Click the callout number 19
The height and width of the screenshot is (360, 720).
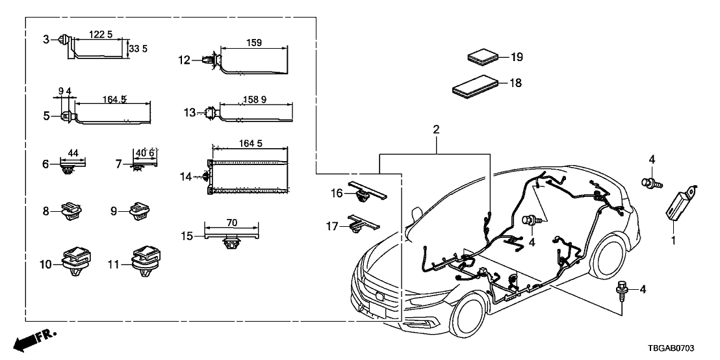(516, 57)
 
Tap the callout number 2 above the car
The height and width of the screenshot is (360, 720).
(436, 130)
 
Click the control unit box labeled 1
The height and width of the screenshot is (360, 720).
(681, 203)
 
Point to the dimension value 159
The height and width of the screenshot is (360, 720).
(254, 43)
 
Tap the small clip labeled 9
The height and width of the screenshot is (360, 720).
(140, 211)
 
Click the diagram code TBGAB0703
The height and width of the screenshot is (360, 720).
(686, 349)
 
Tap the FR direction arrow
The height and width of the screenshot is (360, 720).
(34, 340)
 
